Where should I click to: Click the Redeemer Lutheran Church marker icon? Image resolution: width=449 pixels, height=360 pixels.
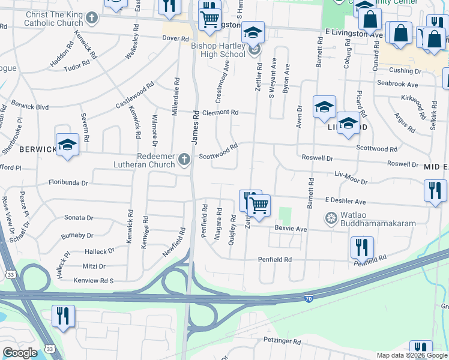[x=184, y=160]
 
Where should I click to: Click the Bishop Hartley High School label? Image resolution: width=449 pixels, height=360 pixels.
[x=218, y=50]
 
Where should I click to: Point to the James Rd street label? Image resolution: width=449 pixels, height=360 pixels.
[x=195, y=126]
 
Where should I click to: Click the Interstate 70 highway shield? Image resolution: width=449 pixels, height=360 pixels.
[x=307, y=298]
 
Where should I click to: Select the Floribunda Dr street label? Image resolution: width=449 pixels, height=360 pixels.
[x=68, y=182]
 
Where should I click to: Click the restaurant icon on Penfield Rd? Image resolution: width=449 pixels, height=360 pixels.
[x=362, y=247]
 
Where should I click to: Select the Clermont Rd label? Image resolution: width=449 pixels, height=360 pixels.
[x=220, y=112]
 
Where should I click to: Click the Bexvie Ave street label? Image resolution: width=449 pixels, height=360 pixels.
[x=291, y=229]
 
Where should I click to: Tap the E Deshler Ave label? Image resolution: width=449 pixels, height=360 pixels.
[x=345, y=202]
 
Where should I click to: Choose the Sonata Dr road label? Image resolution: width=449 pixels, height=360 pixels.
[x=79, y=218]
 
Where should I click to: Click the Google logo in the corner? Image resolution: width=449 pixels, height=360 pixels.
[x=19, y=353]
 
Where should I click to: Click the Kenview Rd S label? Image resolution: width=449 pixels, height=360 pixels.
[x=93, y=280]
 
